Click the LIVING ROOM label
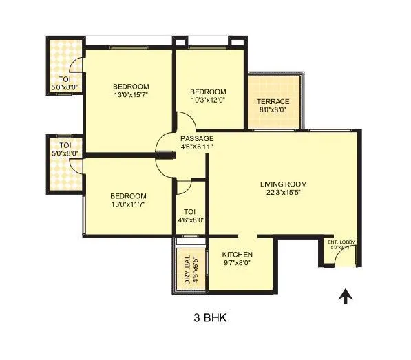click(283, 184)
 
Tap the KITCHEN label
click(237, 255)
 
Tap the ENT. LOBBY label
click(341, 242)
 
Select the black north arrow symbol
click(346, 297)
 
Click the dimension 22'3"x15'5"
click(283, 193)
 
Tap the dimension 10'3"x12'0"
click(208, 100)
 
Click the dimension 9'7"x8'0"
click(237, 263)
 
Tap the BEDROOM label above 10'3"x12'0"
click(208, 92)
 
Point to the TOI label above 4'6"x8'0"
click(190, 212)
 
